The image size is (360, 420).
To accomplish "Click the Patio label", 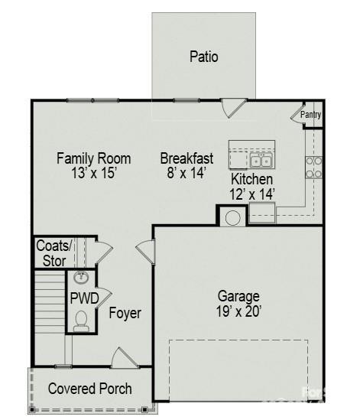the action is tap(203, 57).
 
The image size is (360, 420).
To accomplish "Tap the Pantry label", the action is tap(310, 115).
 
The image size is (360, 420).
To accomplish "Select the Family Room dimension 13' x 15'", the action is tap(94, 173).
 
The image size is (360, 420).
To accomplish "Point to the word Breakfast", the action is tap(186, 158).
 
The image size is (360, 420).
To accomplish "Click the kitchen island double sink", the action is tap(261, 161).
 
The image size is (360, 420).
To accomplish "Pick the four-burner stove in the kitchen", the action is tap(313, 168).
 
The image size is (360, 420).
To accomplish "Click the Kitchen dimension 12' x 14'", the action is tap(252, 194).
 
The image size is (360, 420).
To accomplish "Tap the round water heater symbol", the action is tap(233, 218).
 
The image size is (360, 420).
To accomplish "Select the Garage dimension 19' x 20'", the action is tap(238, 311).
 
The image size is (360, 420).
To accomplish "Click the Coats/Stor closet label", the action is tap(54, 253).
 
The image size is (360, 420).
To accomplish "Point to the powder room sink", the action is tap(81, 278).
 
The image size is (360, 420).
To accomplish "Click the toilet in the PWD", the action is tap(81, 321).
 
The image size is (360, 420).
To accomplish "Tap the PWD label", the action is tap(84, 298).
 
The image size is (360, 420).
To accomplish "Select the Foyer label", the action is tap(125, 313).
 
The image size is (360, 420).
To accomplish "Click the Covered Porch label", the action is tap(90, 389).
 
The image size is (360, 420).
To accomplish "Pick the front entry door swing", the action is tap(125, 357).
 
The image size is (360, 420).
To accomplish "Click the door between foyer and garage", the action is tap(145, 252).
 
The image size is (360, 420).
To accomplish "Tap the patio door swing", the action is tap(233, 108).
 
